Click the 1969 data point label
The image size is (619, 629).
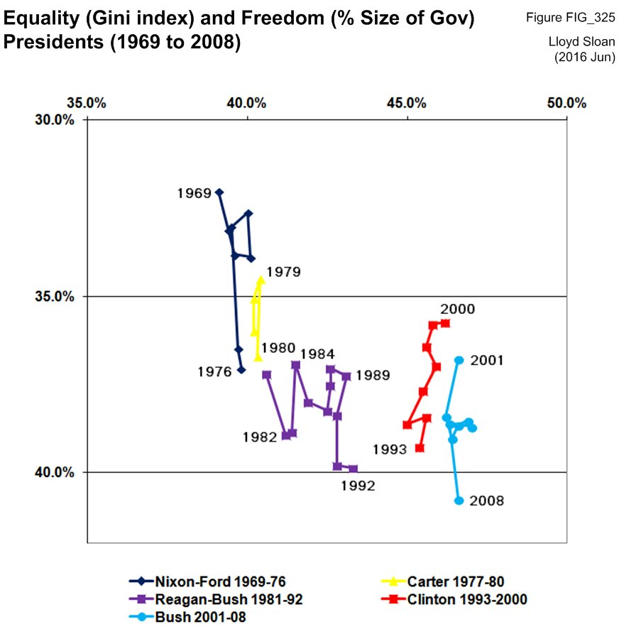[194, 193]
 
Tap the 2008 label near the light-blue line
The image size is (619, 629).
[486, 501]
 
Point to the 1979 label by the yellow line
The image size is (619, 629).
[283, 271]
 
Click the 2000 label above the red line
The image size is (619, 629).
[457, 310]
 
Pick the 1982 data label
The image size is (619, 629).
[258, 437]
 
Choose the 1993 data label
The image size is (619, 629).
[388, 449]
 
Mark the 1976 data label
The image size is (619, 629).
[214, 371]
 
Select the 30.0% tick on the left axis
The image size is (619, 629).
[60, 119]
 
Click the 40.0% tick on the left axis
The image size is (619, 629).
[60, 472]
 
